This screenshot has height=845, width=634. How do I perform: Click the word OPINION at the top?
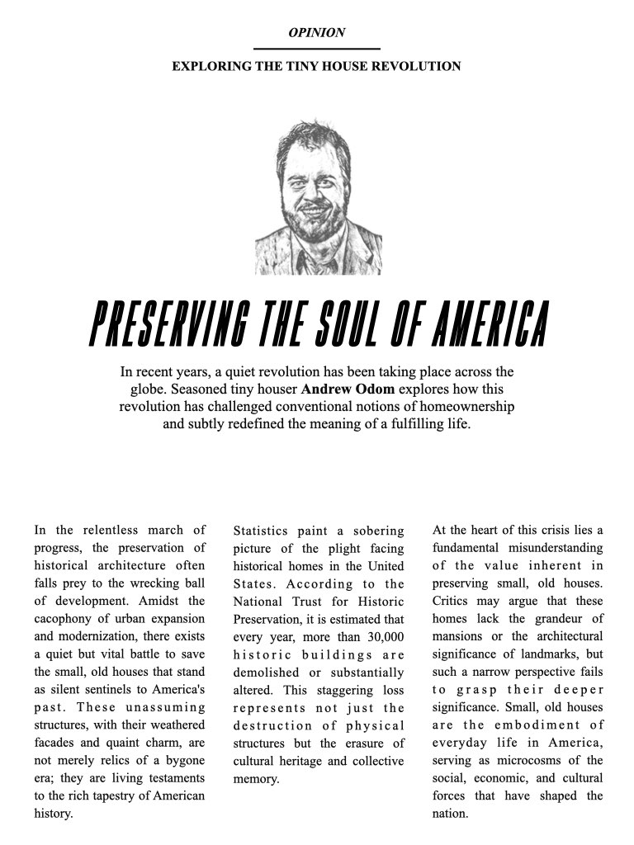point(317,33)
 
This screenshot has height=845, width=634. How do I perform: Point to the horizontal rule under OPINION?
point(317,49)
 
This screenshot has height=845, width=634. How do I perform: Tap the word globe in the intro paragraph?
point(150,389)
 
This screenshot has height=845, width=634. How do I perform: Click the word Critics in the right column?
point(454,601)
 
